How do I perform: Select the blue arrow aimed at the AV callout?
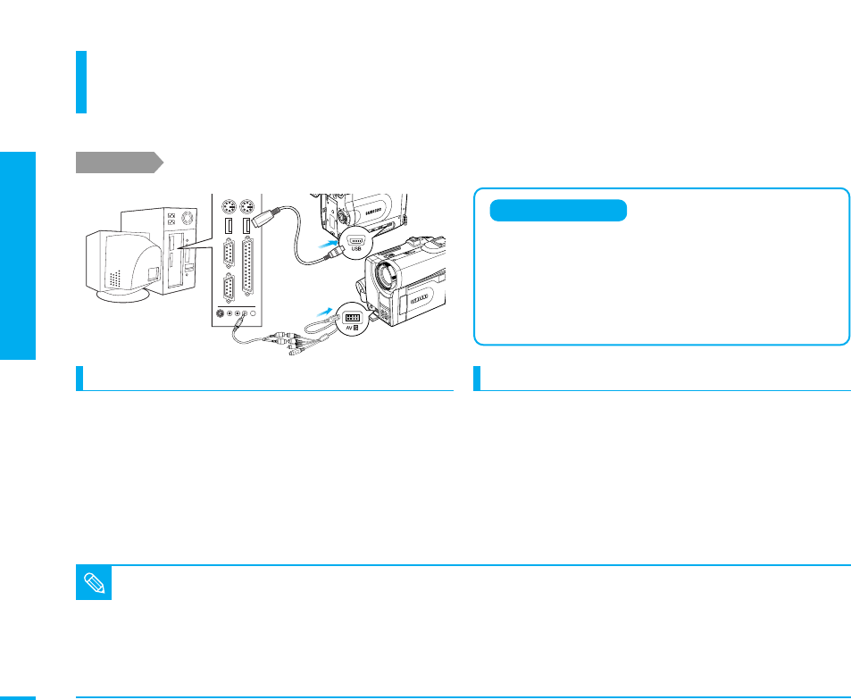(x=324, y=312)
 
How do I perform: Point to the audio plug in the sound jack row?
(x=239, y=322)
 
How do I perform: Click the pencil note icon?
(x=95, y=586)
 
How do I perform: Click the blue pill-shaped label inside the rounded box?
(x=558, y=211)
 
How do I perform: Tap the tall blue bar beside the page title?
(x=81, y=82)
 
